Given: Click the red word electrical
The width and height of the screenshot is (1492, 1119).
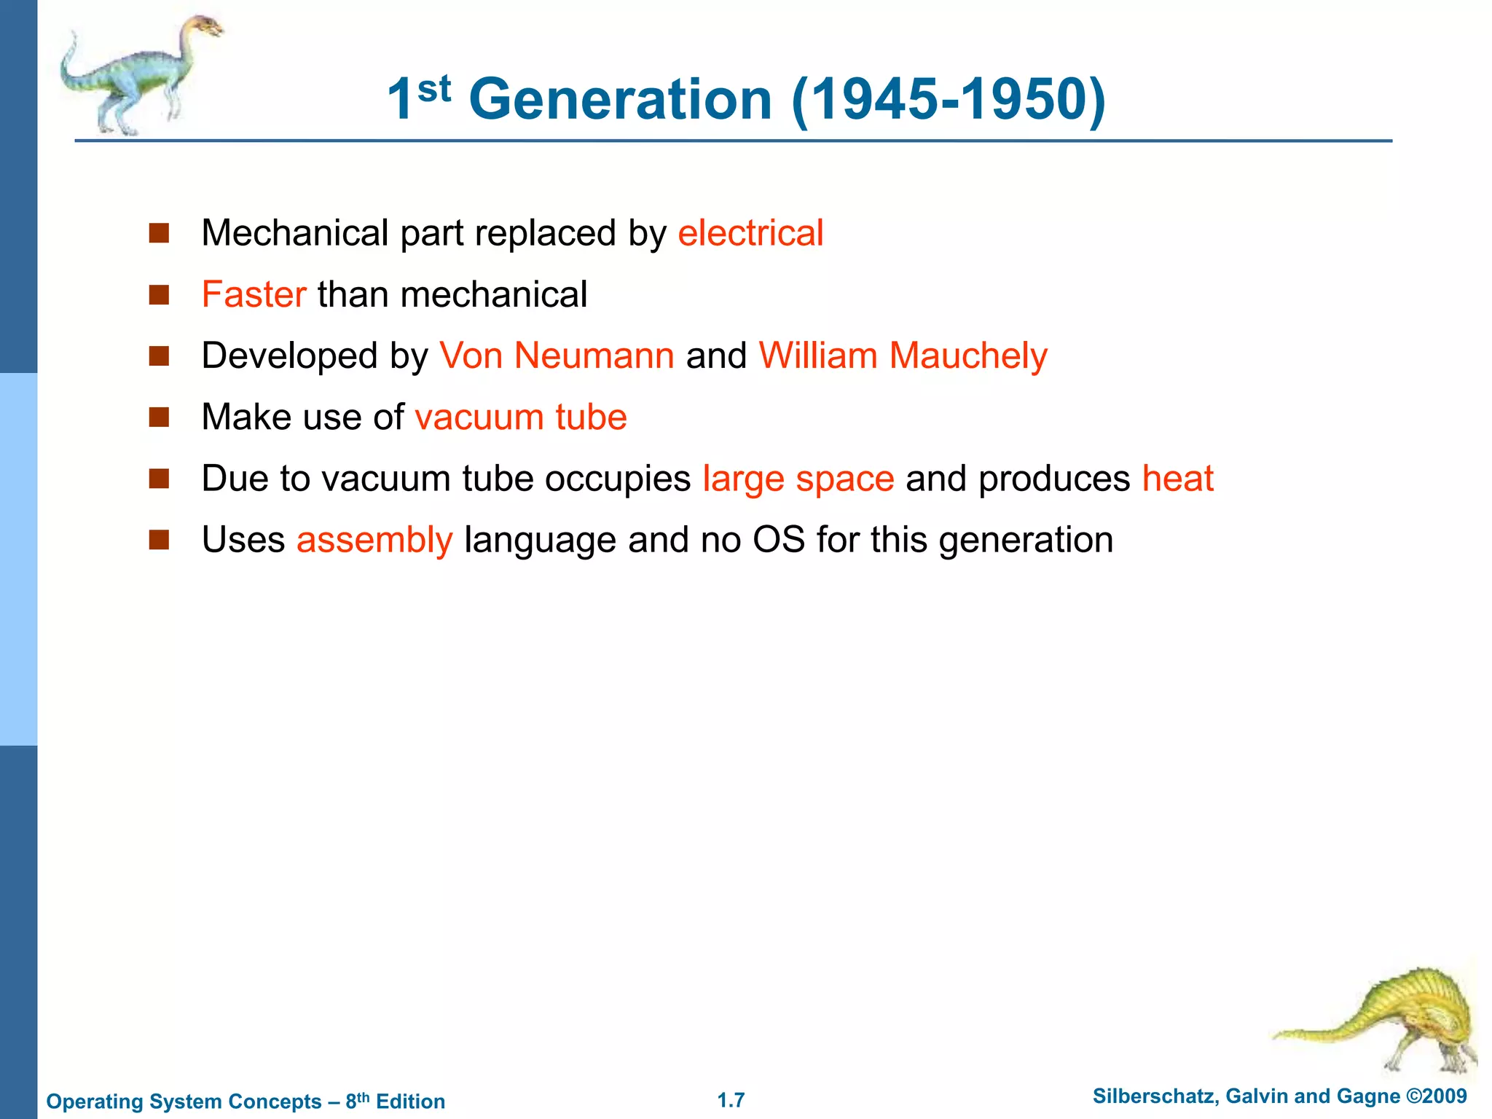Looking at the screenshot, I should coord(750,233).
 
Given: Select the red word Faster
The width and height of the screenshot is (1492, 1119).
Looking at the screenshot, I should coord(254,294).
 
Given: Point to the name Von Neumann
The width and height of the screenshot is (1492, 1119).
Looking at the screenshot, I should coord(557,356).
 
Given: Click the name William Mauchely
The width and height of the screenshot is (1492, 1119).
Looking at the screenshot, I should coord(903,356).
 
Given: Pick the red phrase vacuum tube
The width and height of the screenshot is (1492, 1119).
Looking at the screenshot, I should coord(521,417).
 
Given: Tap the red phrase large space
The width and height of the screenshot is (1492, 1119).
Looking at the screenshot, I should coord(798,479).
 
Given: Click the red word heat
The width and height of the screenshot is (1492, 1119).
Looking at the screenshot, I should coord(1177,479).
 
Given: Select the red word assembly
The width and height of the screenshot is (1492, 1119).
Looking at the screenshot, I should coord(374,540).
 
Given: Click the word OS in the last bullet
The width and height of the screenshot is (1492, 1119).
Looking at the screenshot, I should coord(779,540).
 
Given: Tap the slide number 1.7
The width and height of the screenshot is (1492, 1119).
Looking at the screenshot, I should coord(731,1100).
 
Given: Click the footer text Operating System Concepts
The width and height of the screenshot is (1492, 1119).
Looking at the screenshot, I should coord(184,1101).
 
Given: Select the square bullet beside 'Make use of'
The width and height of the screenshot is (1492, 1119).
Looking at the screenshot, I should coord(159,417).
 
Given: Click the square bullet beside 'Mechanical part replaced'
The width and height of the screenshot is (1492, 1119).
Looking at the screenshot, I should coord(159,233).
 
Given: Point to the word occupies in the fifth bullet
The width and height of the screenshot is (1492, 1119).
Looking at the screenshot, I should coord(618,479).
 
